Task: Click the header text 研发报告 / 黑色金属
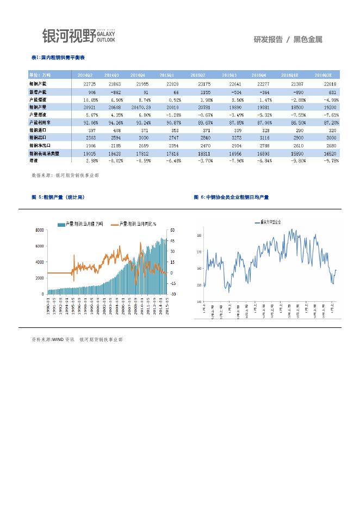[x=288, y=39]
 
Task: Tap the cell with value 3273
[x=229, y=138]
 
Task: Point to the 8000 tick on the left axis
[x=40, y=230]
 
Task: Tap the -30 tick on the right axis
[x=172, y=294]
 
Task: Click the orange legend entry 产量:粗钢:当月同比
[x=134, y=224]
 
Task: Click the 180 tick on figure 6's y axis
[x=200, y=235]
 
